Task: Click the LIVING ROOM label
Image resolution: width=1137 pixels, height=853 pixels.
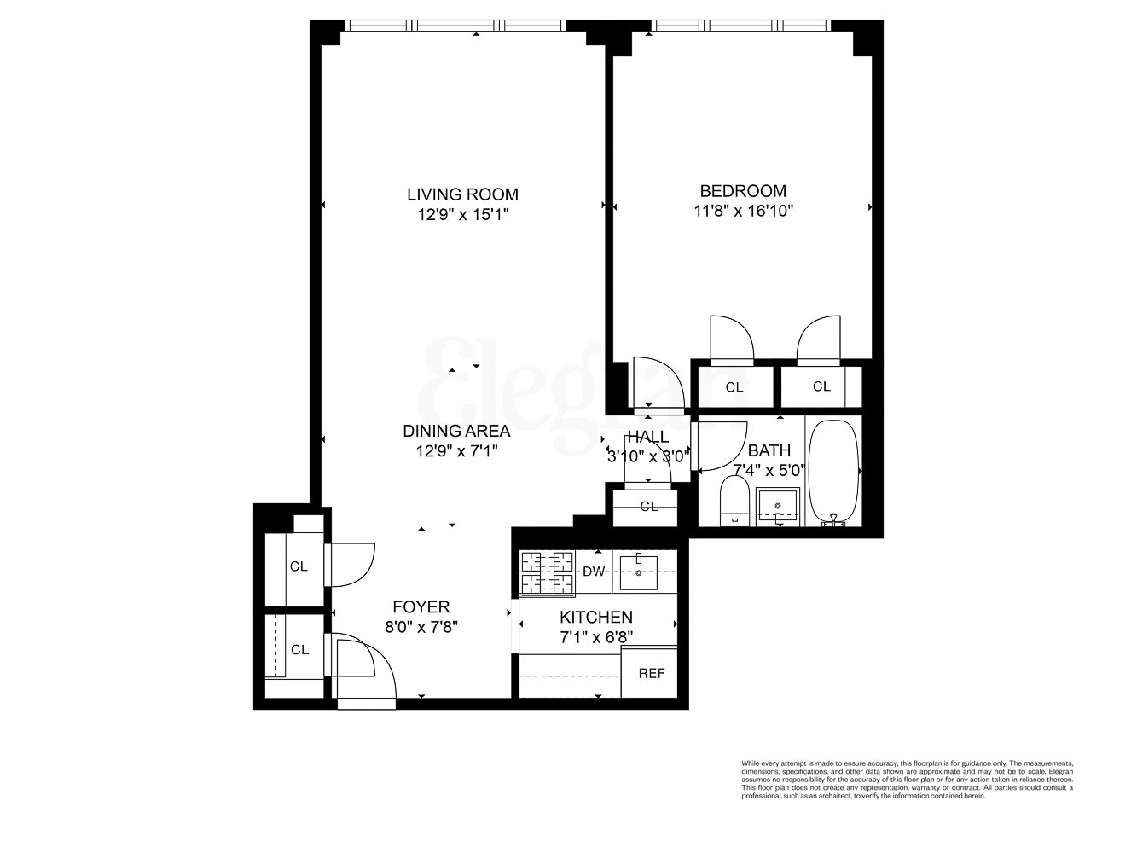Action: (462, 194)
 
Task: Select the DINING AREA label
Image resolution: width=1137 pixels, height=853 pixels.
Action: (456, 431)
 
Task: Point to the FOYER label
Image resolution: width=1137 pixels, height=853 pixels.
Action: (421, 607)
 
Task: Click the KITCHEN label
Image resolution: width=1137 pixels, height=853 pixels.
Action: (595, 617)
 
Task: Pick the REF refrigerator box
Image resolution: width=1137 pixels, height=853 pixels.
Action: (652, 672)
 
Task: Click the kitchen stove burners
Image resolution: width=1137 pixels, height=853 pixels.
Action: (547, 572)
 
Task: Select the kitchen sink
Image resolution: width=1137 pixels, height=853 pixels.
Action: (638, 572)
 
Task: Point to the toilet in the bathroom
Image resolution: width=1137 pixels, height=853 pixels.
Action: (734, 502)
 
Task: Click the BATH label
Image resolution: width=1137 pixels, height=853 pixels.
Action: (769, 450)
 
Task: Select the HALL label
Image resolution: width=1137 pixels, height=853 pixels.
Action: (647, 438)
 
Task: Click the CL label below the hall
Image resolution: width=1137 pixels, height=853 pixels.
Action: (649, 507)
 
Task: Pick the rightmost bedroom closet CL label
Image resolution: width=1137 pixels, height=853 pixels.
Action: (821, 386)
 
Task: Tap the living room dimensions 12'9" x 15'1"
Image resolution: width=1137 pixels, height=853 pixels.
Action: (462, 215)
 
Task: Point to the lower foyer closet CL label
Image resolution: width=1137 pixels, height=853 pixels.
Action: (299, 650)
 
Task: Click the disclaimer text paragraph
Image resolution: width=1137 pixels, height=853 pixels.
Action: (907, 779)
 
